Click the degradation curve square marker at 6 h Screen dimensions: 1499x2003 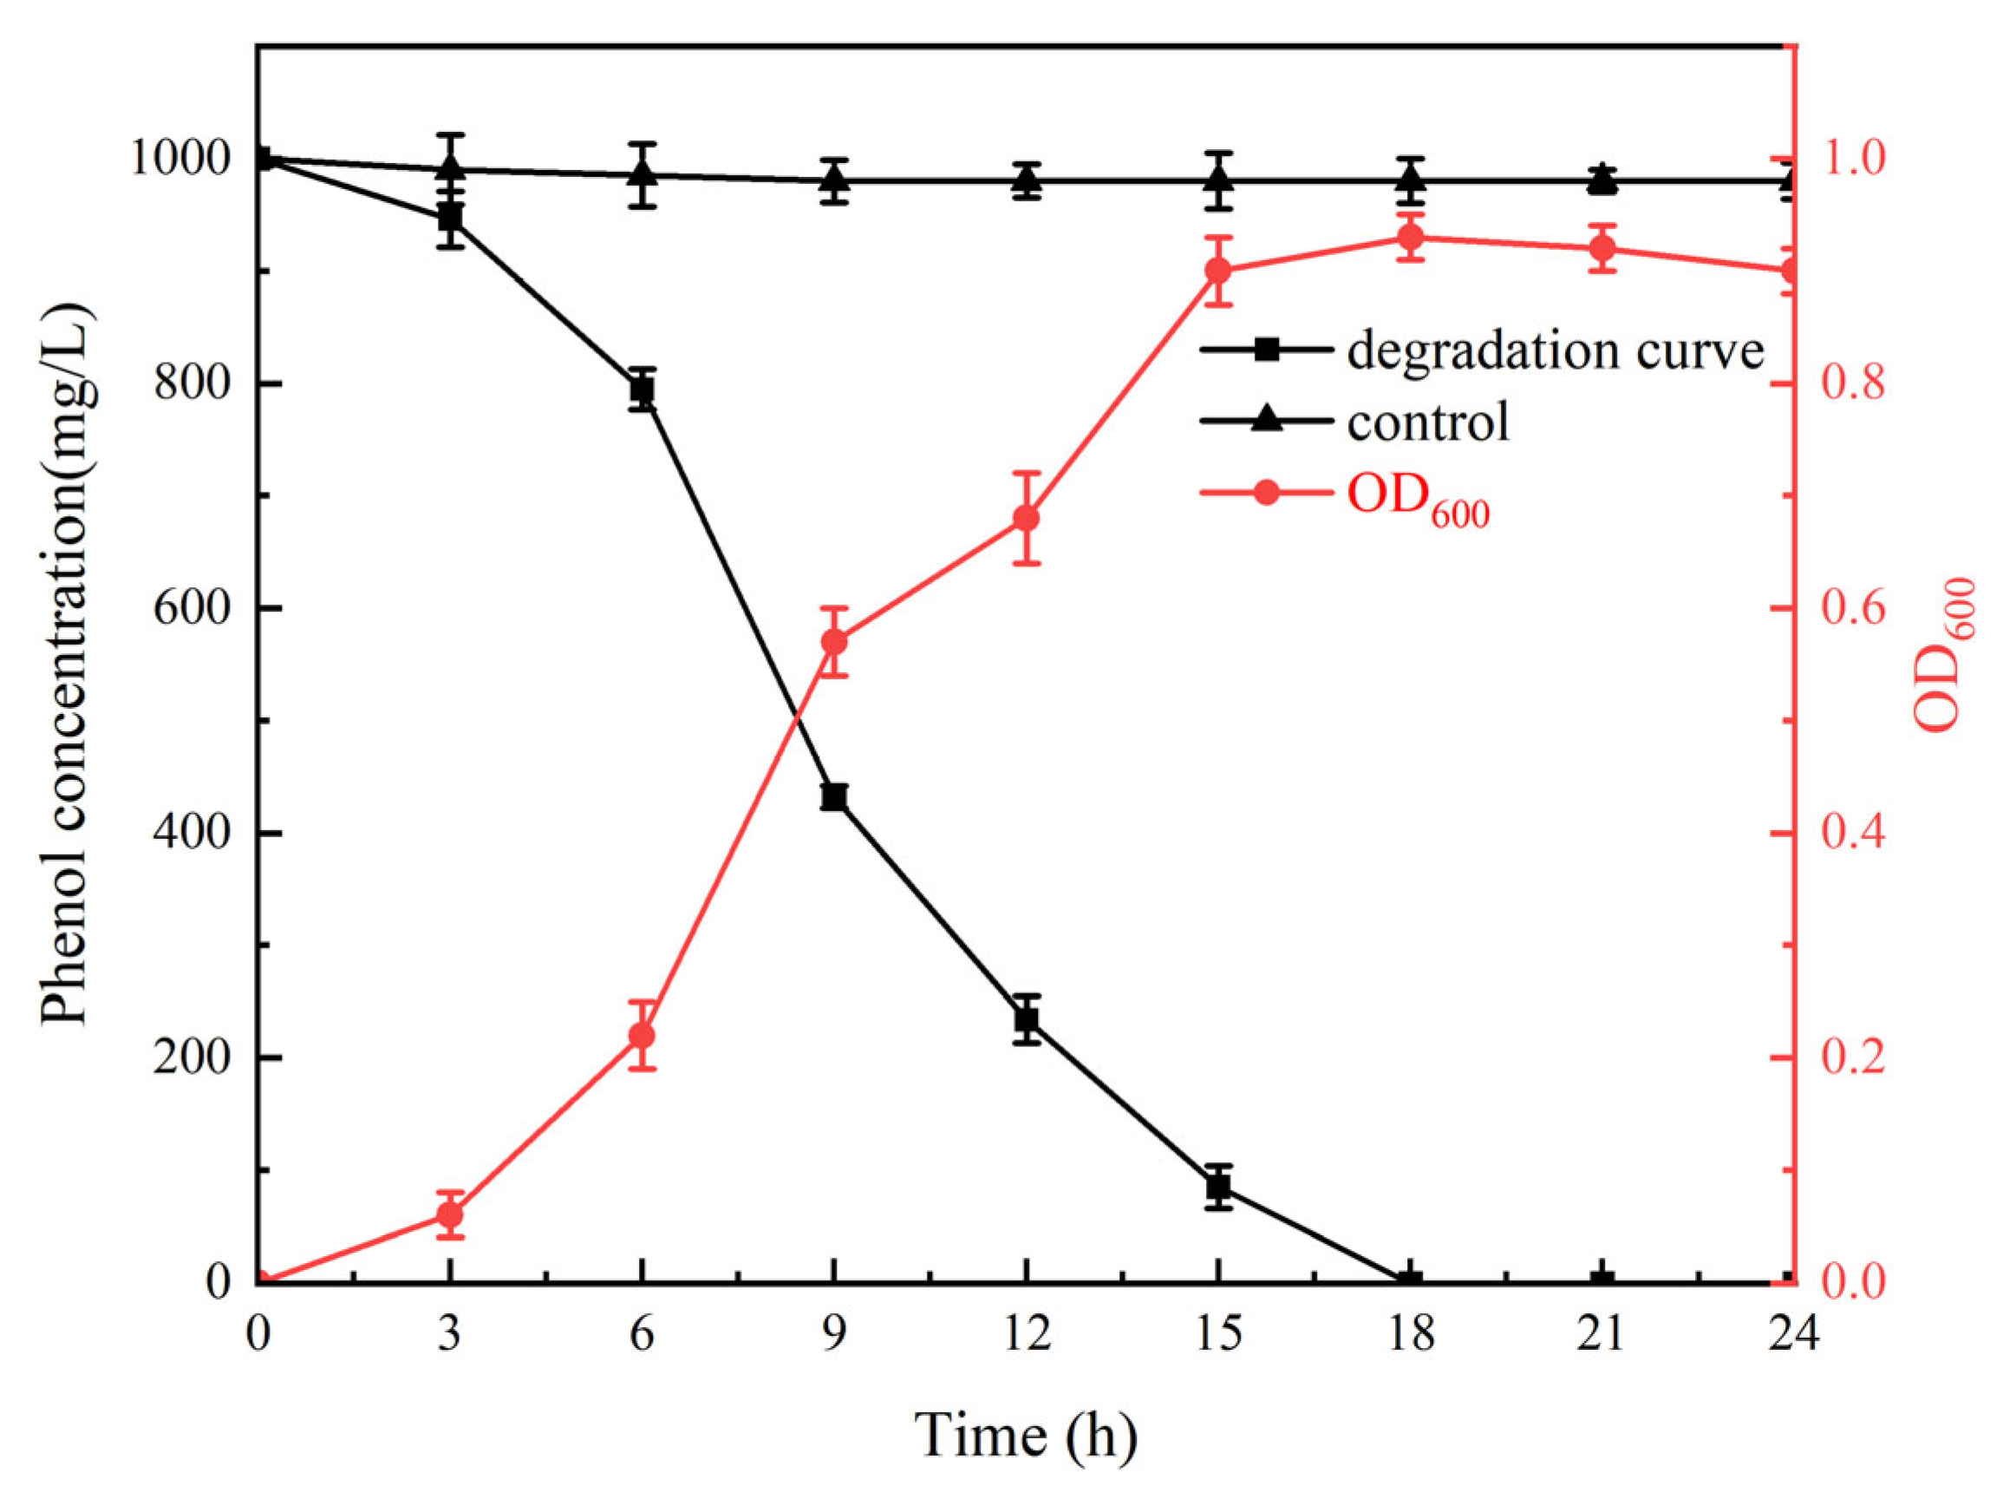(642, 389)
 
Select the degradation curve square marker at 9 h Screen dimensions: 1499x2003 (834, 797)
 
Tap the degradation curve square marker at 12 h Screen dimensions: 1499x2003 (1026, 1020)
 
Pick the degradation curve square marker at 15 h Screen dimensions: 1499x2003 (1219, 1187)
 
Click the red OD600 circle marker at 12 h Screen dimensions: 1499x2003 (1026, 518)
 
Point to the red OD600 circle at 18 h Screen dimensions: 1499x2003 (1411, 238)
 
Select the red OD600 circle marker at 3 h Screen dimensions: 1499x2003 (450, 1214)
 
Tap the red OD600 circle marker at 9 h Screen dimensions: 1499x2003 (834, 642)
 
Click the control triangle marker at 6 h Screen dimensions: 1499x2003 (642, 173)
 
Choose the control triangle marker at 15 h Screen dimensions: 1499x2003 (1219, 180)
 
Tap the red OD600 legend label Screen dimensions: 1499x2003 (1418, 500)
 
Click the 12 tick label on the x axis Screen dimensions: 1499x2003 (1026, 1334)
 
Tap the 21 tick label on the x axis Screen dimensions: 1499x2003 (1602, 1334)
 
